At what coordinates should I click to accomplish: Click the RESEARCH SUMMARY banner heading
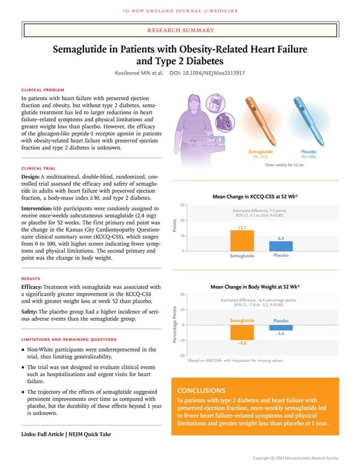point(179,29)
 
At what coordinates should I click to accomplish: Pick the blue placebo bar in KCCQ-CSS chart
point(281,246)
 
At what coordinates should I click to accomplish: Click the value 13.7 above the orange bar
point(242,227)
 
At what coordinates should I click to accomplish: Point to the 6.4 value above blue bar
point(281,238)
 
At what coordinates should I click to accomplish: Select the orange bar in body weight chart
point(242,332)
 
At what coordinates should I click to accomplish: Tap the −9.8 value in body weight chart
point(242,343)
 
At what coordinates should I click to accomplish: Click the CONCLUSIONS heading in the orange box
point(202,390)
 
